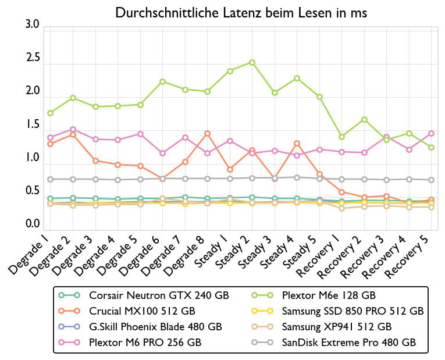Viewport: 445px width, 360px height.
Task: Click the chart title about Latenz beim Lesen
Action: pyautogui.click(x=241, y=13)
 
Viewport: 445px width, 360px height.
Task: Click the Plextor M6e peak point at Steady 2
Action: pyautogui.click(x=252, y=62)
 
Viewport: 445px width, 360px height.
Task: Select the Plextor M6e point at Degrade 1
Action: pyautogui.click(x=51, y=113)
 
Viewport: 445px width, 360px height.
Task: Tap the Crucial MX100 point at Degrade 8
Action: pyautogui.click(x=207, y=134)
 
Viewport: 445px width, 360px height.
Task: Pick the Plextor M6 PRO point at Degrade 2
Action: pyautogui.click(x=73, y=129)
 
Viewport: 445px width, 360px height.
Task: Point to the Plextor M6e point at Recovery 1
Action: pyautogui.click(x=341, y=137)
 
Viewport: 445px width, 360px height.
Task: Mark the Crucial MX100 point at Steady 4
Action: pyautogui.click(x=297, y=144)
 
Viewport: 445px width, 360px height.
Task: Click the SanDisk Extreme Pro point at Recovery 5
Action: pyautogui.click(x=431, y=180)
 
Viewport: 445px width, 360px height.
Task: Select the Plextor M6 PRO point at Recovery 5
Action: pyautogui.click(x=431, y=133)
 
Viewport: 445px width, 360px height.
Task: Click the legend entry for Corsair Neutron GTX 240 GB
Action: pyautogui.click(x=159, y=295)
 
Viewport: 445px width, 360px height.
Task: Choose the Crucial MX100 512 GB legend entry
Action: pyautogui.click(x=142, y=311)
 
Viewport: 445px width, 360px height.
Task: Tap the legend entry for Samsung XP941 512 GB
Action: pyautogui.click(x=336, y=327)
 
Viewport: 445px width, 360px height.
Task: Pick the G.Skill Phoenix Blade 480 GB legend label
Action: pyautogui.click(x=155, y=327)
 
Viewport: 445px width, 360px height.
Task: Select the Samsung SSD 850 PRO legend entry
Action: pyautogui.click(x=353, y=311)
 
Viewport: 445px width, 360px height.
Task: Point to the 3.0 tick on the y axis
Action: pyautogui.click(x=33, y=25)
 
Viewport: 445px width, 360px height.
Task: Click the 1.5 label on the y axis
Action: pyautogui.click(x=33, y=124)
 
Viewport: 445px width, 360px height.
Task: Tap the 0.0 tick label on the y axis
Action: pyautogui.click(x=33, y=224)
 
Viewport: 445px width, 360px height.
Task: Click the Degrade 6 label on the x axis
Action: pyautogui.click(x=143, y=254)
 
